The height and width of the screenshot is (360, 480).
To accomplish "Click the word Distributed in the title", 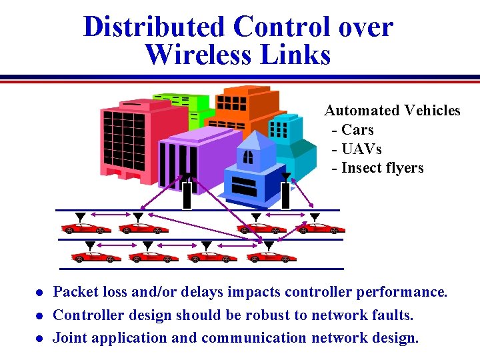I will tap(153, 27).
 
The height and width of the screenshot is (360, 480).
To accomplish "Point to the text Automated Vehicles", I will tap(392, 111).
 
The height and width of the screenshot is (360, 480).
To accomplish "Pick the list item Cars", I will tap(357, 130).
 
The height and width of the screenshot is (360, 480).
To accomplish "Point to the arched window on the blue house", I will tap(248, 157).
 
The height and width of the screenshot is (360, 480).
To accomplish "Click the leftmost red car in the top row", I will tap(85, 229).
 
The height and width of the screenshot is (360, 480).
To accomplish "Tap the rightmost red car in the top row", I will tap(321, 229).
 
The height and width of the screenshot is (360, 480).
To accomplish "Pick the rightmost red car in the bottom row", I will tap(272, 257).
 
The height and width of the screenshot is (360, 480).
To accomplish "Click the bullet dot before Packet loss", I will tap(39, 293).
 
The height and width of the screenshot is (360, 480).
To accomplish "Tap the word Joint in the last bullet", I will tap(70, 337).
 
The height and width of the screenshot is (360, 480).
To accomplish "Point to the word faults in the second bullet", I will tap(392, 315).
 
